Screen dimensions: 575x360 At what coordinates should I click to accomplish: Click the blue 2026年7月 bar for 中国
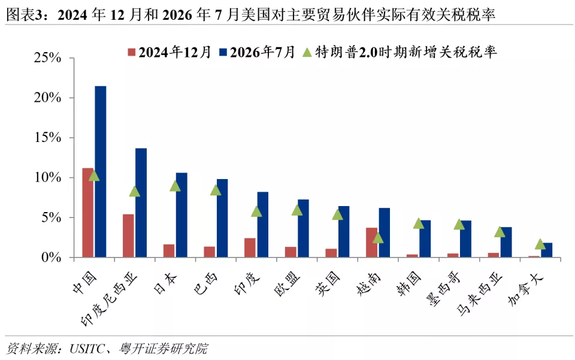point(101,171)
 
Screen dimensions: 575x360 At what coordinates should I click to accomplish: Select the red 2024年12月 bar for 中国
point(88,213)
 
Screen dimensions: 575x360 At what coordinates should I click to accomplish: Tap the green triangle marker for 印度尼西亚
point(135,191)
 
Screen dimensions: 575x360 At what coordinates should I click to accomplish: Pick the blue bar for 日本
point(181,215)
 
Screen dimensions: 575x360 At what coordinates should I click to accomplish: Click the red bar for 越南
point(372,243)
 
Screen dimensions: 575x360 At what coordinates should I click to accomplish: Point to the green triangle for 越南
point(378,238)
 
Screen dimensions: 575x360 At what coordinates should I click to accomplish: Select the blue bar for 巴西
point(222,218)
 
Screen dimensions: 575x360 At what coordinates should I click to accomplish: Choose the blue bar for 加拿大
point(546,250)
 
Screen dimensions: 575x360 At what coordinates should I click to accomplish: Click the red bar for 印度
point(250,247)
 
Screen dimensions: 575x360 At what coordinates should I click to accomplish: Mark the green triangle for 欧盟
point(297,210)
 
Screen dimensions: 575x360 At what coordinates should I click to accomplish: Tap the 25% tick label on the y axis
point(48,58)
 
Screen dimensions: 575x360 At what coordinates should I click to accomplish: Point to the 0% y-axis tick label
point(52,258)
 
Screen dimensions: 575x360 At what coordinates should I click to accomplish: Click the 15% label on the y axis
point(48,138)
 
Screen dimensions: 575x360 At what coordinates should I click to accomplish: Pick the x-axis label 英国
point(328,284)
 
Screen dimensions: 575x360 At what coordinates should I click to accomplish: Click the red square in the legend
point(132,53)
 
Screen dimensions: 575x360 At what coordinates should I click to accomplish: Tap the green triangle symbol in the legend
point(307,53)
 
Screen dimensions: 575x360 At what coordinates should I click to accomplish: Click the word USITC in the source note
point(87,349)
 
